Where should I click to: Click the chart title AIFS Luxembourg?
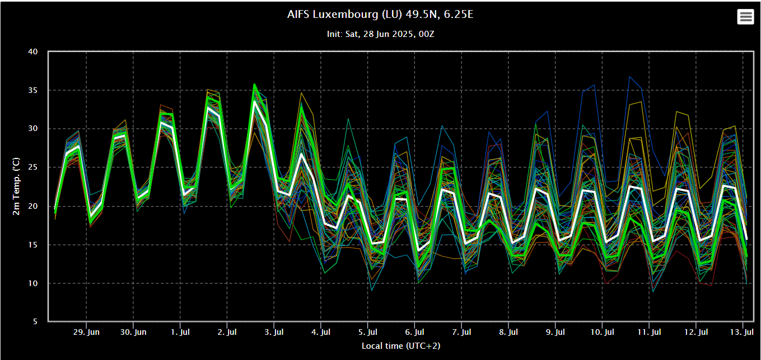380,14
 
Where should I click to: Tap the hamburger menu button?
745,17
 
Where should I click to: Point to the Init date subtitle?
380,34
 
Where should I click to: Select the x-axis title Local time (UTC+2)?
400,346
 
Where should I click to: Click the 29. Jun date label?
86,332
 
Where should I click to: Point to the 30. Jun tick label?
133,332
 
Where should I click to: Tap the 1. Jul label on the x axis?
180,332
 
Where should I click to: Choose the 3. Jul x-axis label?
274,332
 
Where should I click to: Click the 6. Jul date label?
414,332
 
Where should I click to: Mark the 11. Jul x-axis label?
649,332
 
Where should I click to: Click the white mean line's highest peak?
254,101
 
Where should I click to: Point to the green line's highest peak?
254,85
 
